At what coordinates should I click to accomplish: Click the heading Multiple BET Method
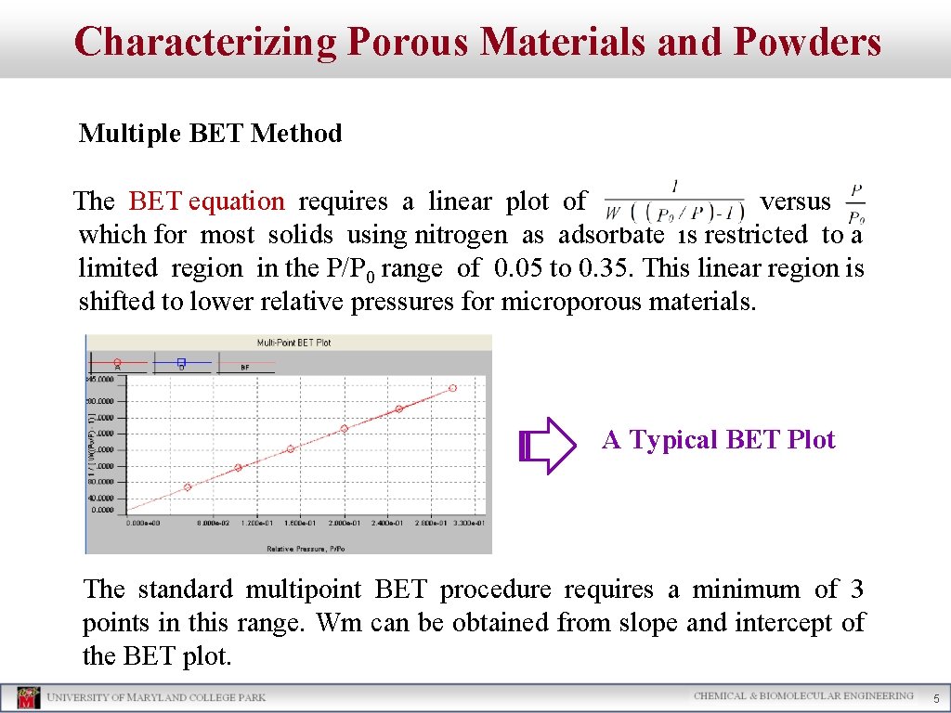pyautogui.click(x=210, y=134)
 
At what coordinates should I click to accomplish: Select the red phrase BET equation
pyautogui.click(x=206, y=201)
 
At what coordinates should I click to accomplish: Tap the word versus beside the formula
pyautogui.click(x=795, y=201)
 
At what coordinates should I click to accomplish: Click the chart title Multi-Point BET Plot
pyautogui.click(x=293, y=343)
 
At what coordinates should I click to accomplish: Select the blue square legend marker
pyautogui.click(x=181, y=362)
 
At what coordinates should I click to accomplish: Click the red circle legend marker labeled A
pyautogui.click(x=117, y=362)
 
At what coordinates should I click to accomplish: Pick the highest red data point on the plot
pyautogui.click(x=453, y=388)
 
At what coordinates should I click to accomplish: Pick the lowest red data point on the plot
pyautogui.click(x=187, y=486)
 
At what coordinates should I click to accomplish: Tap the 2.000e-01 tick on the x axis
pyautogui.click(x=344, y=523)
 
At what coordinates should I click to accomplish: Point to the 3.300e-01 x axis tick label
pyautogui.click(x=467, y=523)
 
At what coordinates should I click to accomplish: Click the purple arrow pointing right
pyautogui.click(x=549, y=446)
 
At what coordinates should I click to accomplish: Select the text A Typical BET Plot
pyautogui.click(x=718, y=439)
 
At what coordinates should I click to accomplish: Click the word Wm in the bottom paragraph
pyautogui.click(x=339, y=622)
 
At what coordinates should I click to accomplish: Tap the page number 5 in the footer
pyautogui.click(x=936, y=698)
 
